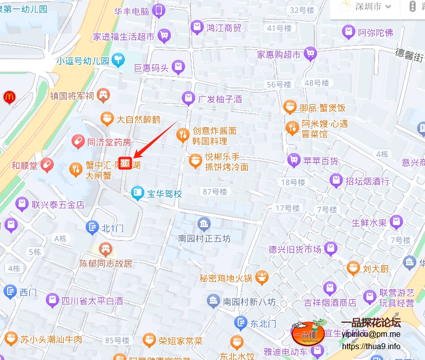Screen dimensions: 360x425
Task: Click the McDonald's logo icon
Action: point(8,97)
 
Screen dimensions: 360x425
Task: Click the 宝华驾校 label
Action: point(164,194)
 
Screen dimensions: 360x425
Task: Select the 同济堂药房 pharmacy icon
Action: point(77,142)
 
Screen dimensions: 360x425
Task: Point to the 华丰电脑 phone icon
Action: point(158,10)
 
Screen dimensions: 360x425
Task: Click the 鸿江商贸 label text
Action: point(224,28)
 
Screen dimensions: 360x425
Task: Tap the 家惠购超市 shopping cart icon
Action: point(310,54)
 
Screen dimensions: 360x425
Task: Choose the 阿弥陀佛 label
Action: point(376,33)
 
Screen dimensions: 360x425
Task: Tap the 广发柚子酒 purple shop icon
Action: point(188,99)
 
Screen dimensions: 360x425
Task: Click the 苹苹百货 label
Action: point(321,160)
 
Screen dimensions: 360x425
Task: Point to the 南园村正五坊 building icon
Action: point(204,224)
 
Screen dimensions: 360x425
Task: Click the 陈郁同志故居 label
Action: point(106,264)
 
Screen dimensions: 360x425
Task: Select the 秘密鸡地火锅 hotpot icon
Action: point(262,278)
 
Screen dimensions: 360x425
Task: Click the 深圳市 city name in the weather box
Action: point(368,7)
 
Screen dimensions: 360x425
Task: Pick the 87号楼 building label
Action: point(215,192)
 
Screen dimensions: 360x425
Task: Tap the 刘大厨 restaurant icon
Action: point(352,269)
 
